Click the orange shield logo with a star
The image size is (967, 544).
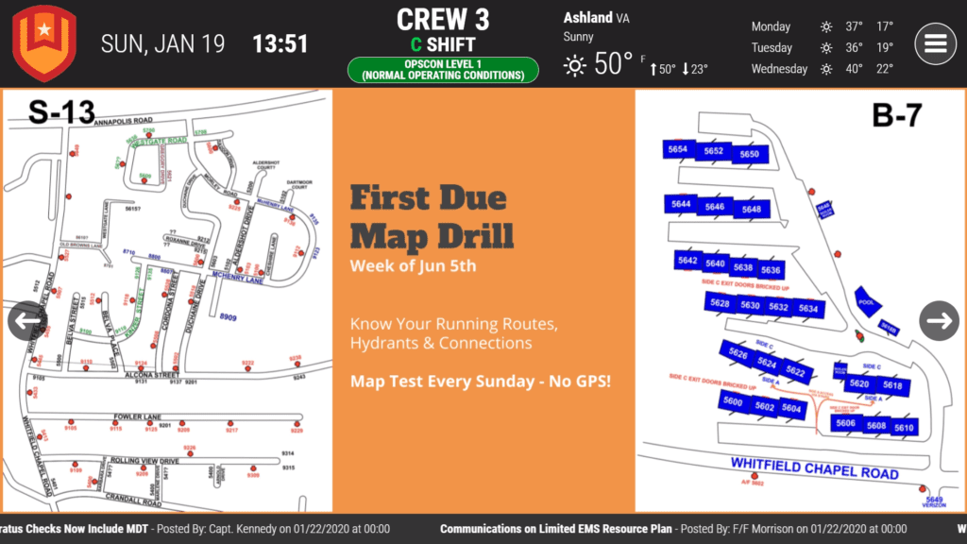point(43,42)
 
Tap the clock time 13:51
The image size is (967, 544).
point(280,43)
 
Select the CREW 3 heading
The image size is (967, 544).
point(443,19)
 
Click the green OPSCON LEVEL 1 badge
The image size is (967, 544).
point(443,70)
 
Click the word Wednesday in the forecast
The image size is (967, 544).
point(779,69)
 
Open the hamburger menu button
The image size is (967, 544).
point(935,43)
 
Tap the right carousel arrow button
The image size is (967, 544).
point(939,321)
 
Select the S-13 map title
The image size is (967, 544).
point(61,111)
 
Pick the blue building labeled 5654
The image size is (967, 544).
point(677,150)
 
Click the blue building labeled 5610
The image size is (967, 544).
point(904,427)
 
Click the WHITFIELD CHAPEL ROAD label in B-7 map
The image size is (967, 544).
point(814,467)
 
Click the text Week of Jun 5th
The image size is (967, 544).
point(413,265)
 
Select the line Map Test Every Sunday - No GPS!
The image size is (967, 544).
point(480,382)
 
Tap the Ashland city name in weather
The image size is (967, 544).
point(587,18)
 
